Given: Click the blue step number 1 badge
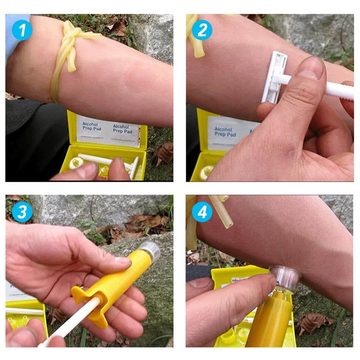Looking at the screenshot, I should tap(22, 30).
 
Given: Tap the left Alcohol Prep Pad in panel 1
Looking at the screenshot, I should tap(92, 127).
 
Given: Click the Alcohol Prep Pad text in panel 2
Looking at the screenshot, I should tap(224, 131).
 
